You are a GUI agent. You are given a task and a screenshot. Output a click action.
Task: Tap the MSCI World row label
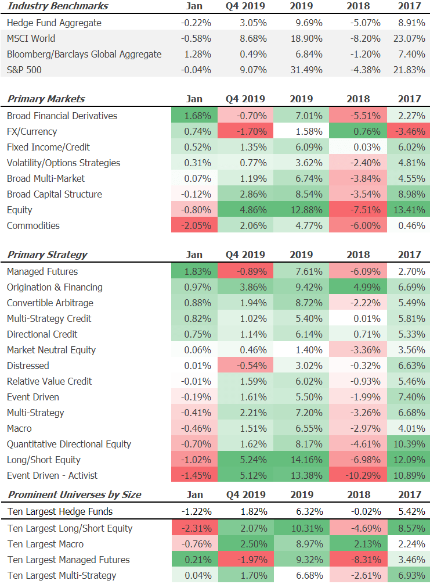[31, 38]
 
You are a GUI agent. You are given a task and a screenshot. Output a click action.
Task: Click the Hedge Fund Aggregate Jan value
[196, 23]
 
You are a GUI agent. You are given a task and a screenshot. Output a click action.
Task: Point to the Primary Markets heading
[46, 99]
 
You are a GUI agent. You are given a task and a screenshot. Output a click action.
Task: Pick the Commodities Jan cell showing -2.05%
[196, 225]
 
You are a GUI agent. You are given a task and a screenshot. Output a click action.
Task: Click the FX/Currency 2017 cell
[410, 131]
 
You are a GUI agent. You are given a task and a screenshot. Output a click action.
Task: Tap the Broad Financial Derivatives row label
[62, 116]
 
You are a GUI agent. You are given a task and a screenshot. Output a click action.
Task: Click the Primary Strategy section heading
[47, 255]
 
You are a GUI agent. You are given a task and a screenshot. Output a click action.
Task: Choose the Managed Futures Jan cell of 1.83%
[196, 271]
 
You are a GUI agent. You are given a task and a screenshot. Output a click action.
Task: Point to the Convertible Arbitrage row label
[50, 303]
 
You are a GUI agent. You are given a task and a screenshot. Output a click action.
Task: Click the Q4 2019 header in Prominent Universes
[245, 495]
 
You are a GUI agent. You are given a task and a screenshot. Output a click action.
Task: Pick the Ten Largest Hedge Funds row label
[60, 512]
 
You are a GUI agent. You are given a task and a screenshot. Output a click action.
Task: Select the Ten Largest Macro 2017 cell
[410, 544]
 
